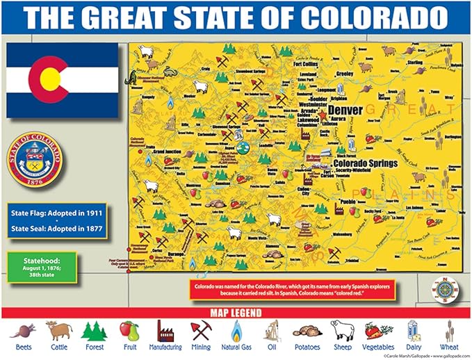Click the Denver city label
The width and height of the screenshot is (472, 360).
345,111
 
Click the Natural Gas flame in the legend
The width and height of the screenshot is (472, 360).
236,329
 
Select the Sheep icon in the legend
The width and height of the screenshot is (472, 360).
340,329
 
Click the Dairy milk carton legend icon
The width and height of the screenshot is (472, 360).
413,329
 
